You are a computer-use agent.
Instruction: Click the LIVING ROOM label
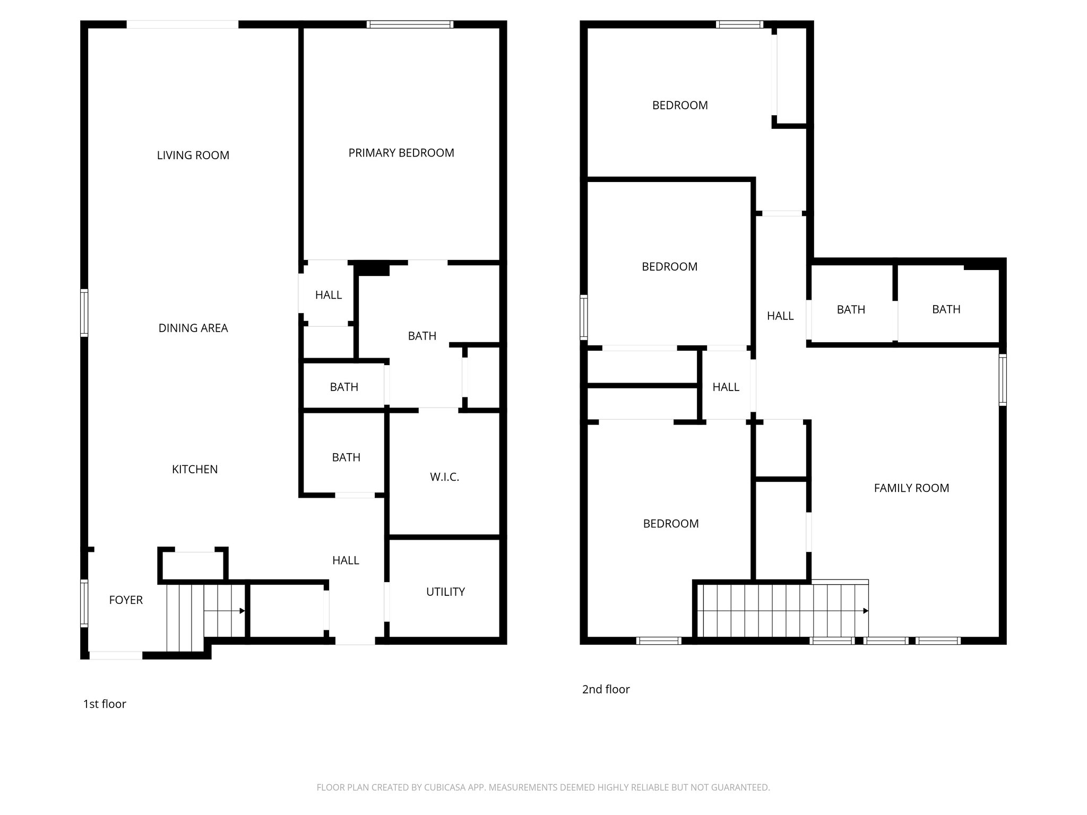(x=193, y=155)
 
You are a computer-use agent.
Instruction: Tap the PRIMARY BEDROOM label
(x=401, y=153)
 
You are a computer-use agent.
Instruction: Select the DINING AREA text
(x=193, y=328)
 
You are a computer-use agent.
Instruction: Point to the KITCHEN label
(x=194, y=469)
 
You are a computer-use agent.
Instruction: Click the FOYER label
(x=126, y=600)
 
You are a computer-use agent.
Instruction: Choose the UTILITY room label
(x=445, y=592)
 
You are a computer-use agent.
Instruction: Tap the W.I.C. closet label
(x=444, y=477)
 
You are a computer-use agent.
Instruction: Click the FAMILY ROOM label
(x=911, y=488)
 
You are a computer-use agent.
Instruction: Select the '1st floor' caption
(x=105, y=704)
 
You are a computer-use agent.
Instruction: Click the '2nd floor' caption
(x=606, y=689)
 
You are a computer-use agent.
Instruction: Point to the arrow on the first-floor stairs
(x=241, y=611)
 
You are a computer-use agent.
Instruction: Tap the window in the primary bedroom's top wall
(x=410, y=24)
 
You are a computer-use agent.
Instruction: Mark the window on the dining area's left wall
(x=84, y=313)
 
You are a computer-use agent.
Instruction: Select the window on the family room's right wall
(x=1002, y=380)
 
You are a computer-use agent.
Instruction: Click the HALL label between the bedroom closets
(x=726, y=387)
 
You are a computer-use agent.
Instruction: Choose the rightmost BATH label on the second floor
(x=946, y=309)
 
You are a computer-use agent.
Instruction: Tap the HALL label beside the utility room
(x=346, y=560)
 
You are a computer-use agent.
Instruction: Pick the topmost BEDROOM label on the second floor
(x=679, y=106)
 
